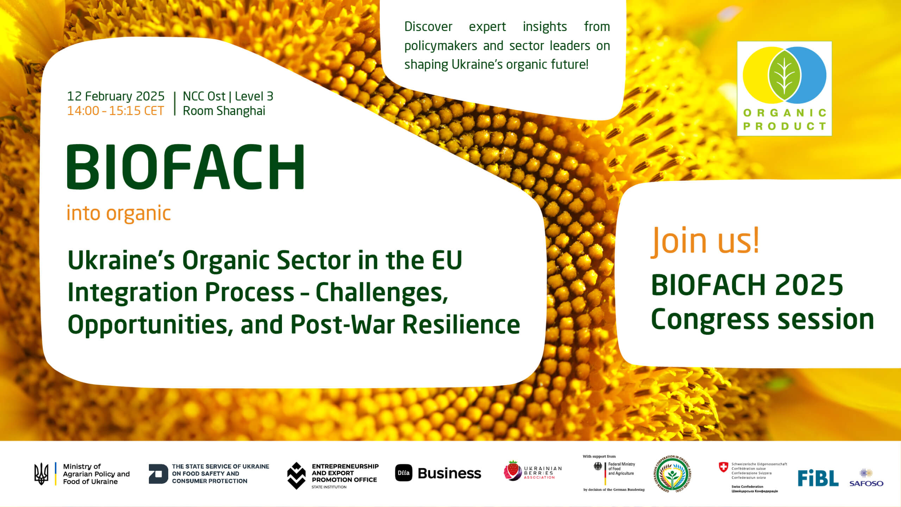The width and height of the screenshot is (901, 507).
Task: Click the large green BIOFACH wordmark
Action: point(185,167)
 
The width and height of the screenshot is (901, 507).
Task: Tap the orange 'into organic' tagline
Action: point(119,213)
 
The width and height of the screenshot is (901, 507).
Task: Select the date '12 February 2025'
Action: point(116,96)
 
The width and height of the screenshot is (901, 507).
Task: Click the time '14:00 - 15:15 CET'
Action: point(115,111)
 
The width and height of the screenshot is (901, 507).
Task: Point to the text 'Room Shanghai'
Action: point(224,111)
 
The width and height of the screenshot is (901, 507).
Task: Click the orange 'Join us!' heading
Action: point(705,241)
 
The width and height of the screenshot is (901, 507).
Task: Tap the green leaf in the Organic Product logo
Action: point(784,75)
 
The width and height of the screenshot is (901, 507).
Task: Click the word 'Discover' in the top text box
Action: point(428,27)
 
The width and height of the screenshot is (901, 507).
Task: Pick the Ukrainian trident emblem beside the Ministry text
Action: point(41,474)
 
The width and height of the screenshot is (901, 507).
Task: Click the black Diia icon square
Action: point(404,473)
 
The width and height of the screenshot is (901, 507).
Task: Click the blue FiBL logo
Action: point(818,478)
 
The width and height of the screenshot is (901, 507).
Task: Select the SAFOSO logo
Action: point(866,478)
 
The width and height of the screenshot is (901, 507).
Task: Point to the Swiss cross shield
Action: point(723,467)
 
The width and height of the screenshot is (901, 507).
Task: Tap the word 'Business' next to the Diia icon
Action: point(449,473)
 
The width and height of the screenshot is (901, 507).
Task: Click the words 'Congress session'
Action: point(763,320)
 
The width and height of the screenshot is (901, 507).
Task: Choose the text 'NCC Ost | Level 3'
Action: point(228,96)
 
